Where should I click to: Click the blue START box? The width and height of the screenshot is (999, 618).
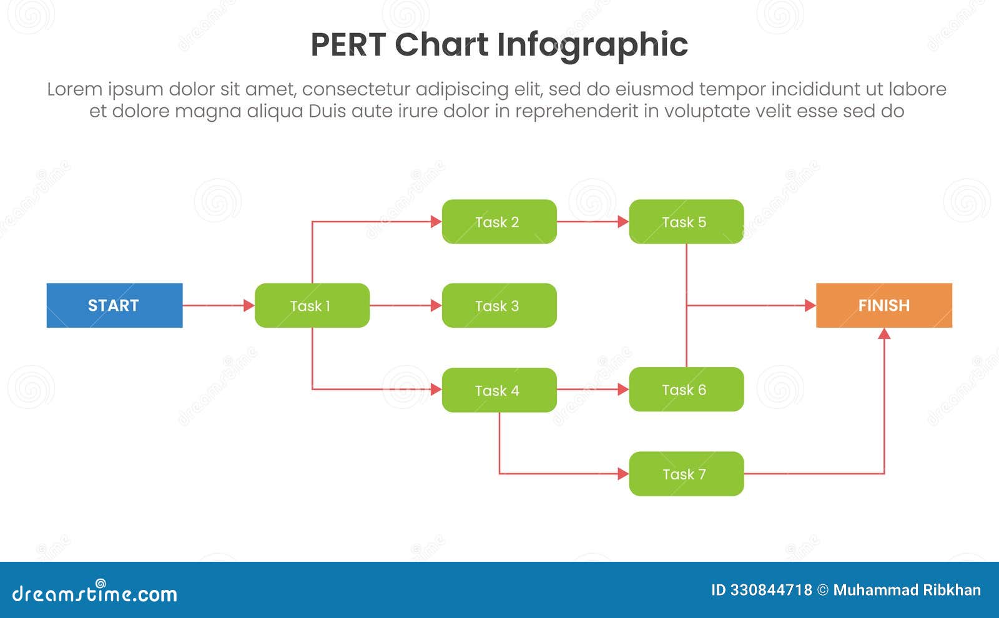coord(114,305)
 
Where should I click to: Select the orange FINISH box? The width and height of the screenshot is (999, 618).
coord(883,305)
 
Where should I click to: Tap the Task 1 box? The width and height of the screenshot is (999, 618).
coord(312,305)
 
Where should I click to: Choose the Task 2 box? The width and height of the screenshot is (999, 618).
coord(499,222)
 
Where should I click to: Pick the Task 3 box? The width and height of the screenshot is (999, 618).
coord(499,305)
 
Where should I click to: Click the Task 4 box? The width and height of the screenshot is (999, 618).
coord(499,390)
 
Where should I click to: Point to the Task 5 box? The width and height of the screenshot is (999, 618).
coord(686,222)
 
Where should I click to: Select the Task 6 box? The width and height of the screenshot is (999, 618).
coord(686,390)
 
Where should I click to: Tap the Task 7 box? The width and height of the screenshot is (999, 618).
coord(686,474)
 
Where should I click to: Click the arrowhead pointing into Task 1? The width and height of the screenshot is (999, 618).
coord(249,305)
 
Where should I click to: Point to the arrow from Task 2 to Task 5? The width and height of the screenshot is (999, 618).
coord(592,222)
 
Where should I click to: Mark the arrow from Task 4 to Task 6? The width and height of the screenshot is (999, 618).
coord(592,390)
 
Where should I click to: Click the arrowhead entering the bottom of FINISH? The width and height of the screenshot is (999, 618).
coord(884,334)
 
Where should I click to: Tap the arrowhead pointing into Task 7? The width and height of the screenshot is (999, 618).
coord(623,474)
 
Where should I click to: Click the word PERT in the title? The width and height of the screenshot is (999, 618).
coord(347,45)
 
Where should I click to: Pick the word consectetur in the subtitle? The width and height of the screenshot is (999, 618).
coord(355,89)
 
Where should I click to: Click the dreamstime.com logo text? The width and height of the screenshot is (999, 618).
coord(94,593)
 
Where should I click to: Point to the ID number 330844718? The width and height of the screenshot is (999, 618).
coord(771,590)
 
